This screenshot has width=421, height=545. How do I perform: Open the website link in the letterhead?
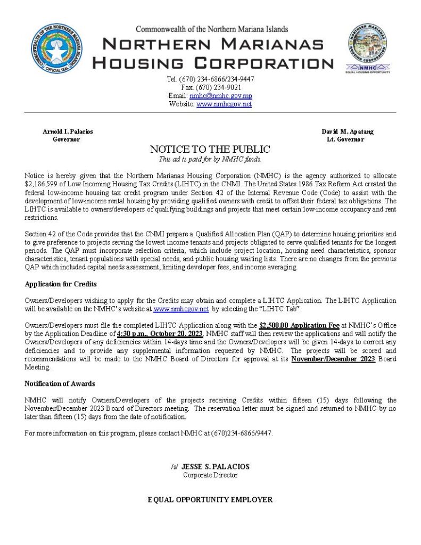click(224, 104)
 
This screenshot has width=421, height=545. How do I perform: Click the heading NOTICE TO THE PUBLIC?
click(210, 150)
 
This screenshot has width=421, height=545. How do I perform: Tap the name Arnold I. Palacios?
click(68, 131)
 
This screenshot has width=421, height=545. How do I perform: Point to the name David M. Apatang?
click(347, 131)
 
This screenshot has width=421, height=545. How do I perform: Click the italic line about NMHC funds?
click(210, 159)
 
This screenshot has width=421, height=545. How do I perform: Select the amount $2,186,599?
click(44, 183)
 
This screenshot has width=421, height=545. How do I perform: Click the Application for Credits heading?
click(61, 284)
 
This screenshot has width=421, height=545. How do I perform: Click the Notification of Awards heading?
click(60, 384)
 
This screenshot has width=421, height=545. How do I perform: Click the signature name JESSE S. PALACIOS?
click(216, 467)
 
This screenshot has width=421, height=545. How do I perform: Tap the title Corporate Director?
click(210, 475)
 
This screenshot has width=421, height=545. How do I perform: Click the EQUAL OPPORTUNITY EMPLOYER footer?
click(210, 500)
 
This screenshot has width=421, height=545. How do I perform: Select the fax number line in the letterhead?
click(211, 87)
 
